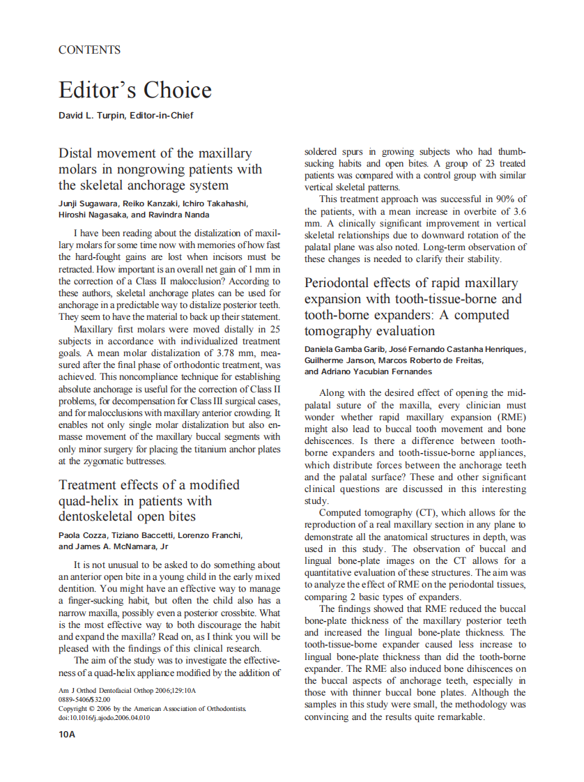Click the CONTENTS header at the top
point(89,50)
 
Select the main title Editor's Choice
point(135,90)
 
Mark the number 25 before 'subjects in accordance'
point(275,329)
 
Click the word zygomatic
point(102,461)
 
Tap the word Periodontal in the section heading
point(341,283)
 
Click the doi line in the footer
point(105,718)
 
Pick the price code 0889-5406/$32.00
point(84,700)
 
